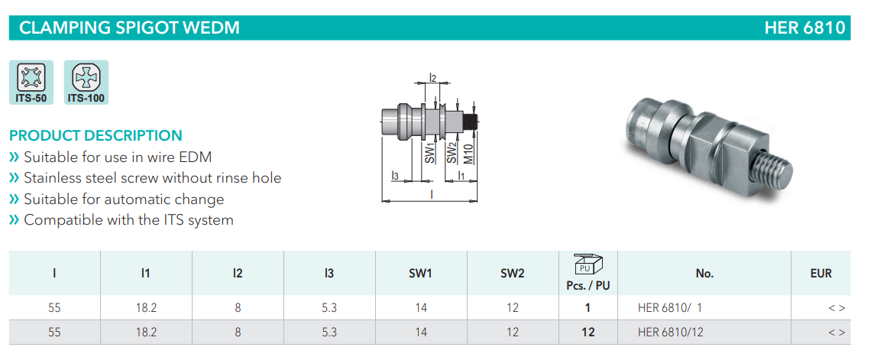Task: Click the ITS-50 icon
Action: coord(31,83)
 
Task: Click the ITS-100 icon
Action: coord(86,83)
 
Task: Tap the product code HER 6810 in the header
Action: coord(805,28)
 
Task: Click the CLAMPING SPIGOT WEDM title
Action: coord(129,28)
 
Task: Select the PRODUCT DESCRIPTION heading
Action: coord(95,135)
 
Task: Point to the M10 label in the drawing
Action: coord(468,154)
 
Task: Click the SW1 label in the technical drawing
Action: coord(429,152)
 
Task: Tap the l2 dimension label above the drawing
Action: coord(432,77)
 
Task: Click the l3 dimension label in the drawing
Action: coord(395,176)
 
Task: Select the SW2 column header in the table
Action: coord(513,274)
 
